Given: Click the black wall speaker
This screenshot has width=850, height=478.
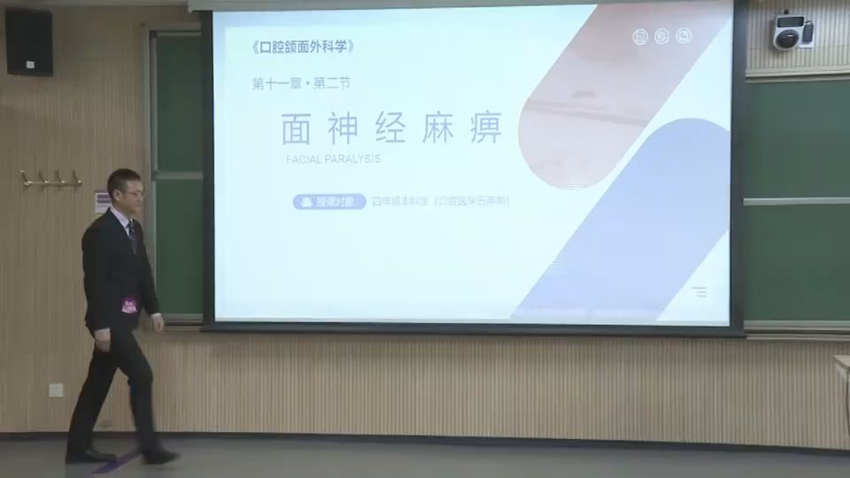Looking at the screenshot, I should (28, 41).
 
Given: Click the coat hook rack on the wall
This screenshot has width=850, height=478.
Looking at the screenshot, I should (51, 180).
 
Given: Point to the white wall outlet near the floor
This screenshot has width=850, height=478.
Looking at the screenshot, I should (56, 389).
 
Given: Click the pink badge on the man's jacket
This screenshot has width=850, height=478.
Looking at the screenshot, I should (129, 306).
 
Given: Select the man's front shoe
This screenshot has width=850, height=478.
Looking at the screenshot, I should (159, 456).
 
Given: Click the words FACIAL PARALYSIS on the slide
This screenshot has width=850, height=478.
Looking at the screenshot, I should (333, 159).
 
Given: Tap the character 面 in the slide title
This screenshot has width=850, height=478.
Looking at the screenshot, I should (296, 129).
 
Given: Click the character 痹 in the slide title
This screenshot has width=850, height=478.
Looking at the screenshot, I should (486, 129).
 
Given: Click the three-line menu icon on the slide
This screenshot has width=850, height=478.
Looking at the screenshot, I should (699, 291).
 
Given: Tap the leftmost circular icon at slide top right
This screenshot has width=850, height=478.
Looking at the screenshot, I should (641, 36).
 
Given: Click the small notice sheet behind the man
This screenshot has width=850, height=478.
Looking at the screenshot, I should (102, 202).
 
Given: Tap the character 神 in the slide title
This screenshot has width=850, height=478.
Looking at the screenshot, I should (343, 129).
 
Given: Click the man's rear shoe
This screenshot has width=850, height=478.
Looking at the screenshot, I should (89, 455).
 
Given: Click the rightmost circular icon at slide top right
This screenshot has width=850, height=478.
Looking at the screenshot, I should (684, 36).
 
